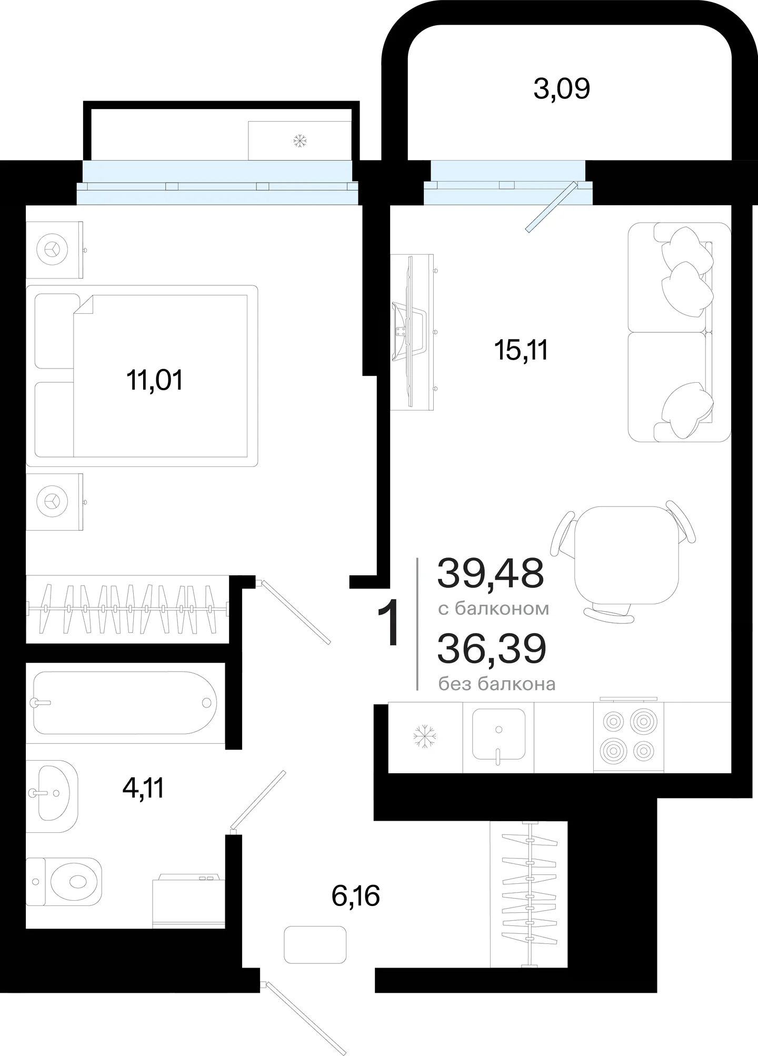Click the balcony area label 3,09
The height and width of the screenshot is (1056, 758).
[562, 89]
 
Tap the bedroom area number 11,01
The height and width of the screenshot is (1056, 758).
[154, 380]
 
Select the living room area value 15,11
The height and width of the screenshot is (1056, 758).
[521, 350]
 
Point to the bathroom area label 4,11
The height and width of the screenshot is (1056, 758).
[143, 789]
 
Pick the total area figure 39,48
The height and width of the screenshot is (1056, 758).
[491, 573]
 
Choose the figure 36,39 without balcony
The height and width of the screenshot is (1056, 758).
[492, 649]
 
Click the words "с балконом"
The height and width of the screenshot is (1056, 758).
[494, 609]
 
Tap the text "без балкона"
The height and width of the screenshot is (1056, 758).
[497, 684]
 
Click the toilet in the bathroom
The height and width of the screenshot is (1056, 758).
[64, 882]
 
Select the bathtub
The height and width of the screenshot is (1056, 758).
[125, 703]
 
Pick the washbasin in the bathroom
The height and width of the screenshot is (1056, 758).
[52, 795]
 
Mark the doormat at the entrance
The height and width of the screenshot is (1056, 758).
[315, 945]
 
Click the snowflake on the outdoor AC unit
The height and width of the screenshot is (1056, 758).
[300, 141]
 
